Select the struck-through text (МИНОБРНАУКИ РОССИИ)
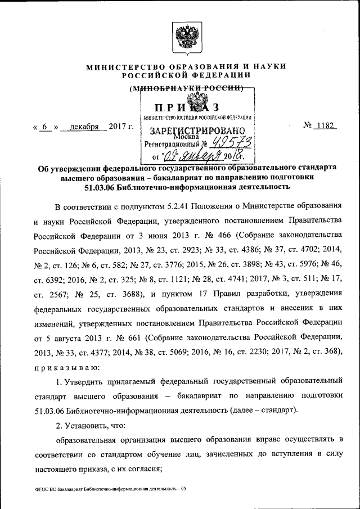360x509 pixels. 186,88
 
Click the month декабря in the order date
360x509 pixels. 84,127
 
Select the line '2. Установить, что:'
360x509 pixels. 92,425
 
